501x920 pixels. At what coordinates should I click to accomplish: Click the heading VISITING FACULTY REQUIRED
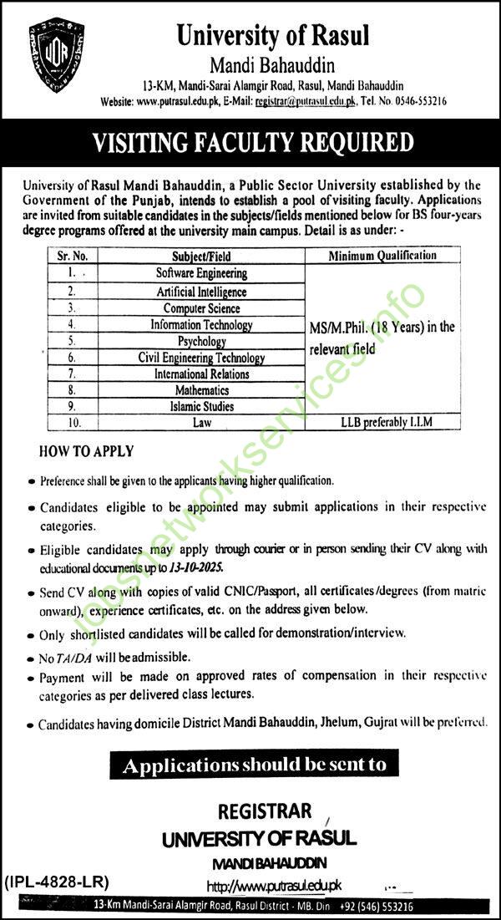(252, 142)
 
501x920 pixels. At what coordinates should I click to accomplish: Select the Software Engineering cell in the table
(201, 273)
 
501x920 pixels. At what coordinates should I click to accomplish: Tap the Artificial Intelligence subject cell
(201, 292)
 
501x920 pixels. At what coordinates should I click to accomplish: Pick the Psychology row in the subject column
(201, 341)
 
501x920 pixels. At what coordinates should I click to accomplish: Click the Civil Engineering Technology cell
(201, 358)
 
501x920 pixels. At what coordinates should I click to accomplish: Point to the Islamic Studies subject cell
(201, 406)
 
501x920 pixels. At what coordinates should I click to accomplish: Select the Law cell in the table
(201, 423)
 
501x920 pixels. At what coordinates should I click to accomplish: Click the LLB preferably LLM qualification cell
(383, 423)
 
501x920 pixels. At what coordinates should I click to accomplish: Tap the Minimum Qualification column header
(383, 256)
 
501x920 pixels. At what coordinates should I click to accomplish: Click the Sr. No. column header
(73, 257)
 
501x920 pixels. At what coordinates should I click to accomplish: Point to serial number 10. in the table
(73, 423)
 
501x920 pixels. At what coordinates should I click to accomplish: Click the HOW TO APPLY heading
(87, 451)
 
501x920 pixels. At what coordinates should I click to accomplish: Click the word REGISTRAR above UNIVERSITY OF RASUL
(265, 811)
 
